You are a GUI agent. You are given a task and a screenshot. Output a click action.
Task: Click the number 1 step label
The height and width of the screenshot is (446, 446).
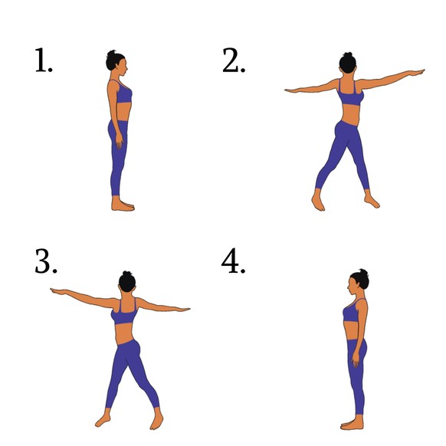[x=44, y=60]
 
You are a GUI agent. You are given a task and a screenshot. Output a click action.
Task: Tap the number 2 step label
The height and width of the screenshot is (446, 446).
[x=234, y=60]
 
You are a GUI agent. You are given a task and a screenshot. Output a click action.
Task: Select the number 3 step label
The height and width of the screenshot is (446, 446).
[x=45, y=261]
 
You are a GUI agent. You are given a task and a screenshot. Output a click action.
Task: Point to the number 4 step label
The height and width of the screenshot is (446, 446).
[x=233, y=261]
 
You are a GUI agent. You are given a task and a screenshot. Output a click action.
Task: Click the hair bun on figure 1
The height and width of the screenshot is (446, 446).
[x=112, y=54]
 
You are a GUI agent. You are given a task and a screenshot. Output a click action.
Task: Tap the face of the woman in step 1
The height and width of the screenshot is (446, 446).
[x=123, y=67]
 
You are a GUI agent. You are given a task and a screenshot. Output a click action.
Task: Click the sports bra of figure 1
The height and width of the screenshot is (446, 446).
[x=123, y=93]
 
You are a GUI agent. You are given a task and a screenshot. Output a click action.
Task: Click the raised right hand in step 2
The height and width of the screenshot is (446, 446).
[x=415, y=72]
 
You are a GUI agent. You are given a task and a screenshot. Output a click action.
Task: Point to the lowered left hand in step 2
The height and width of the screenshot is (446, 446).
[x=293, y=90]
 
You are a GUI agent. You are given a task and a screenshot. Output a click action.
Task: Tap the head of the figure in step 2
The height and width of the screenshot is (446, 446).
[x=348, y=63]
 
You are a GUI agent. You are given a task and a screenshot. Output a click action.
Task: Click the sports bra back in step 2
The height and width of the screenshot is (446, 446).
[x=350, y=94]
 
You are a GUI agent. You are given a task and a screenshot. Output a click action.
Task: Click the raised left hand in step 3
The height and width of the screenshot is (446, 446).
[x=58, y=291]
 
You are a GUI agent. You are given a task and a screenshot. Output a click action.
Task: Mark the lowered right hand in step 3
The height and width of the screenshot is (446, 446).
[x=182, y=309]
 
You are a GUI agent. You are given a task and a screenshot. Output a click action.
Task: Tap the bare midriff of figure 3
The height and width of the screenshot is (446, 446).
[x=124, y=333]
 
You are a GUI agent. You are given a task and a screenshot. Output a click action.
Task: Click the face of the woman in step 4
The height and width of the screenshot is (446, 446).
[x=352, y=287]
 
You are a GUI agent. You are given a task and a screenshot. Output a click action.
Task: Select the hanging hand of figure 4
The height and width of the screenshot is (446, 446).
[x=356, y=360]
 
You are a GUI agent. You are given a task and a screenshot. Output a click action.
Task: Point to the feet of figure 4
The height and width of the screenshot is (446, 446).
[x=352, y=423]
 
